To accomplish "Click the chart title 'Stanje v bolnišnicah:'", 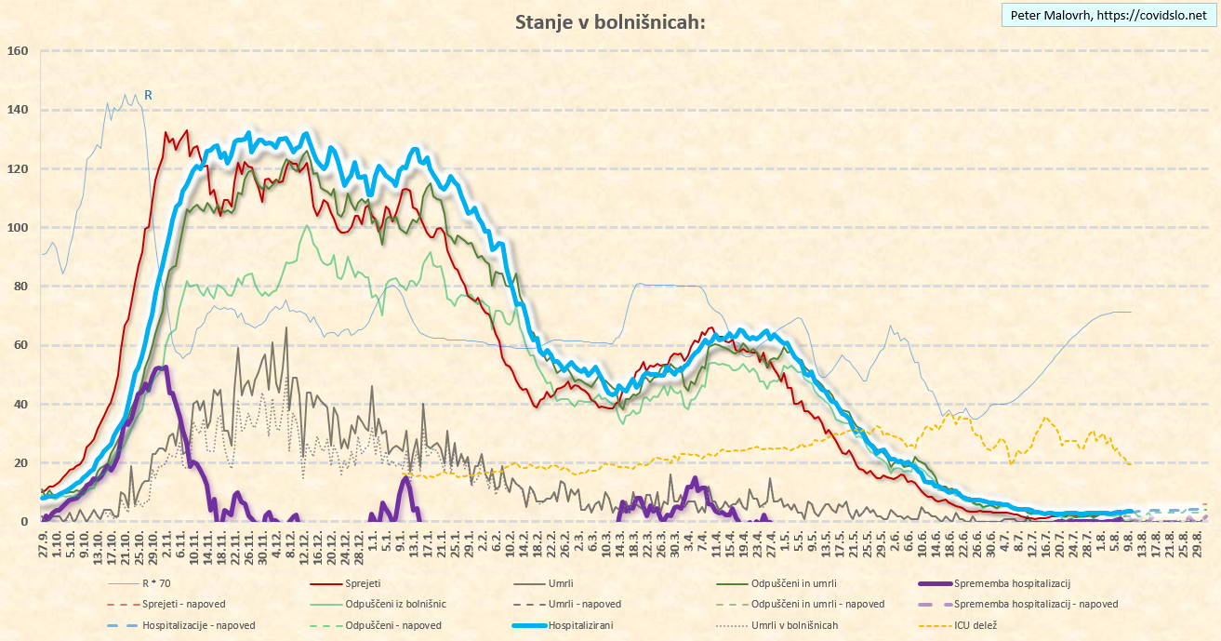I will (x=610, y=22).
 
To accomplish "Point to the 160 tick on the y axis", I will (x=19, y=51).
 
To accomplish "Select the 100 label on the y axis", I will (x=19, y=228).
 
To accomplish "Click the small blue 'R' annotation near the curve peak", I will (x=148, y=95).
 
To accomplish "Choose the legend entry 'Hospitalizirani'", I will (x=582, y=625).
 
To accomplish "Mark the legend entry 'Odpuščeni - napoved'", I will (x=400, y=625).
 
